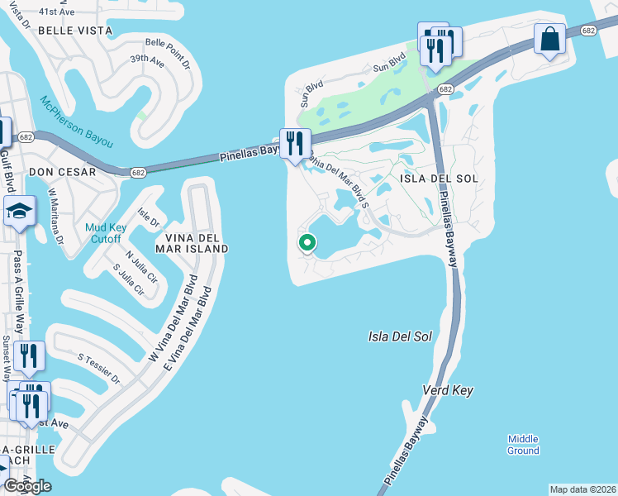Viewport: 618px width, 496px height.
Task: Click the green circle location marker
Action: tap(307, 242)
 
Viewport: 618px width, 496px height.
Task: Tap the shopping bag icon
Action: tap(549, 39)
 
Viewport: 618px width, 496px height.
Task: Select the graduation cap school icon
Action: tap(19, 212)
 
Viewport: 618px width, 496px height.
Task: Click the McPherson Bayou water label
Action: tap(75, 122)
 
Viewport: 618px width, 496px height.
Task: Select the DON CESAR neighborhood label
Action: tap(62, 172)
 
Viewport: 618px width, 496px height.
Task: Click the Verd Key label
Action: tap(447, 389)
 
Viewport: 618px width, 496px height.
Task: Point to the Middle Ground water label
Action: tap(523, 445)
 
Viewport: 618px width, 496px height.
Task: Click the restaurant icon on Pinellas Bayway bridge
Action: tap(294, 144)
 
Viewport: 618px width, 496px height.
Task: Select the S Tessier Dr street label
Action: tap(99, 370)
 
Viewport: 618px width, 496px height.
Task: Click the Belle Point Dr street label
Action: tap(168, 53)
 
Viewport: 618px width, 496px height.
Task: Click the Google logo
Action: tap(27, 485)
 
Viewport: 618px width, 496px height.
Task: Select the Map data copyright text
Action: tap(582, 489)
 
